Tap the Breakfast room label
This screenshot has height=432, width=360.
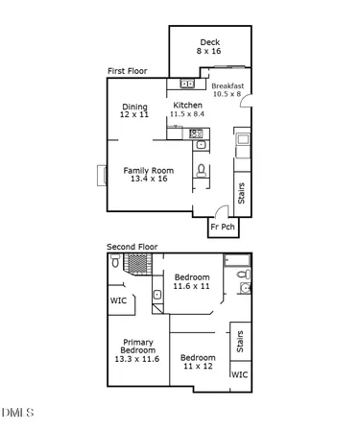point(228,89)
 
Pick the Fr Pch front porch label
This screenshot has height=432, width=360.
point(223,228)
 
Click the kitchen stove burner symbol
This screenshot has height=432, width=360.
point(198,133)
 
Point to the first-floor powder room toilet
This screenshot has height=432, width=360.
point(202,171)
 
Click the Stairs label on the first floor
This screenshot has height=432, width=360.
point(242,193)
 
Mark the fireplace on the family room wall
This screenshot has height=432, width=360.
point(100,175)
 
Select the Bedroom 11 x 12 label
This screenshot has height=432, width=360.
point(198,362)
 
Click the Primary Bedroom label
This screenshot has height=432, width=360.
point(138,350)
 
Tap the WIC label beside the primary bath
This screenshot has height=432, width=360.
point(118,300)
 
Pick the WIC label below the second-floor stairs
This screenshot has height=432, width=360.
point(239,375)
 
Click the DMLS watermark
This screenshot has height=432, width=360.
point(17,413)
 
